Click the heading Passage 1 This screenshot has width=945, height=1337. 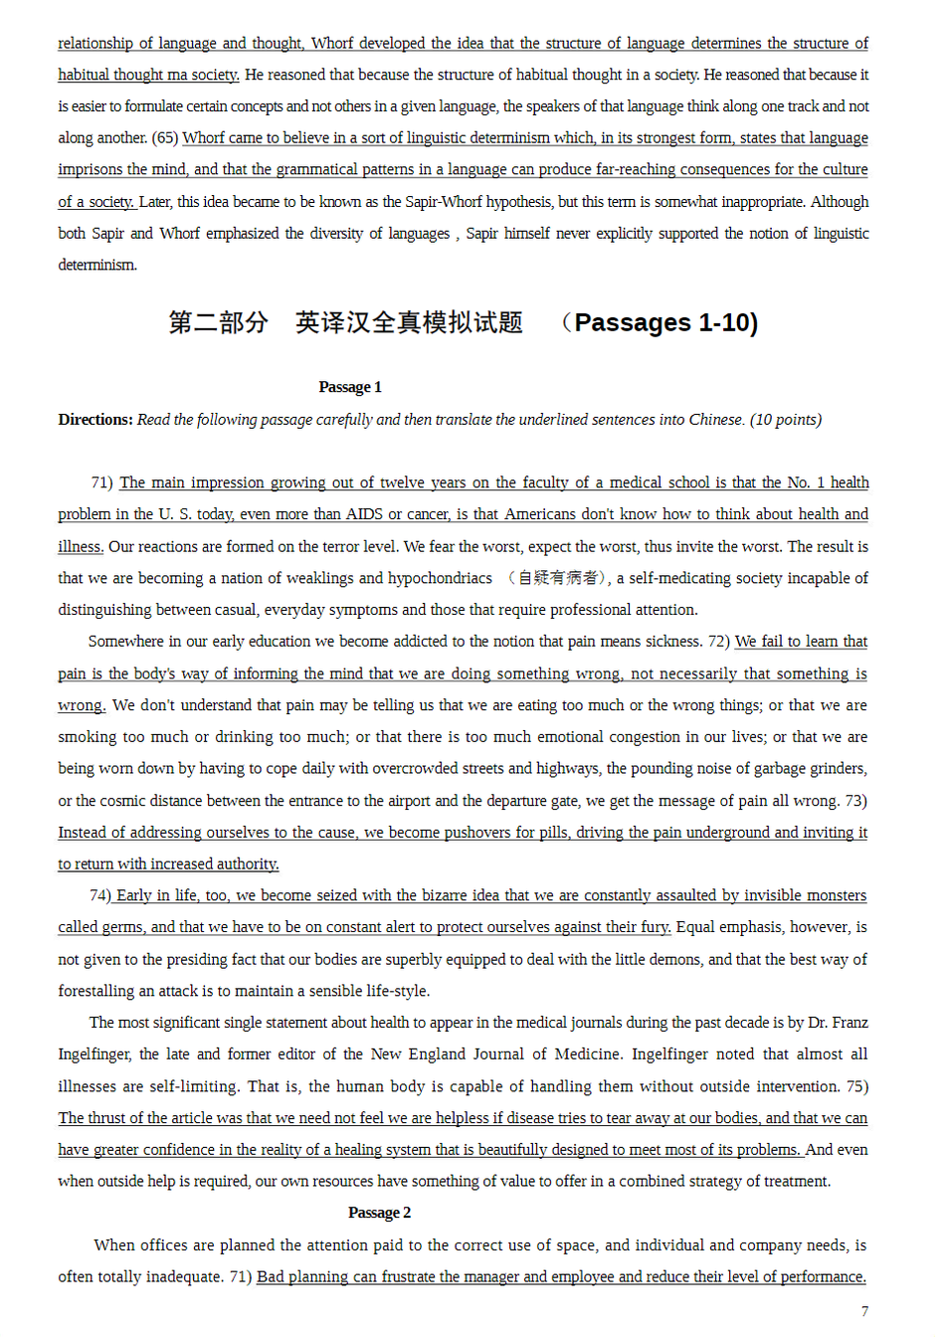(349, 387)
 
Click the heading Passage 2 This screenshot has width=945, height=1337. (379, 1213)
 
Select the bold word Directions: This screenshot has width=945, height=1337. (95, 420)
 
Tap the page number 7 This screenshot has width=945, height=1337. (864, 1311)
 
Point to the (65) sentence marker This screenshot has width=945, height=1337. (165, 138)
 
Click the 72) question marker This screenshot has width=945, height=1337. (718, 642)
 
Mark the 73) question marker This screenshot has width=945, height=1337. (855, 801)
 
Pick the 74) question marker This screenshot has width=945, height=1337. (99, 895)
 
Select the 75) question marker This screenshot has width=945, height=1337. (856, 1086)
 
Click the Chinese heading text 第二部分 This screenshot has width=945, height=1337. (218, 323)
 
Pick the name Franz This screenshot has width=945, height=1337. (850, 1023)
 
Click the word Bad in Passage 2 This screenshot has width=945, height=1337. (270, 1277)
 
